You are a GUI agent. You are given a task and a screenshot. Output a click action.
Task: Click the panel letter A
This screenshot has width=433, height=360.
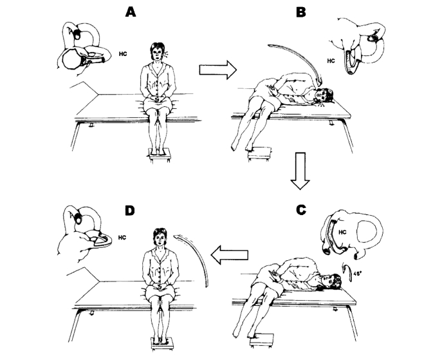[x=131, y=12]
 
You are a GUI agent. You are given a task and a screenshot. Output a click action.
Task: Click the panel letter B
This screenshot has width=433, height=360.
[x=300, y=12]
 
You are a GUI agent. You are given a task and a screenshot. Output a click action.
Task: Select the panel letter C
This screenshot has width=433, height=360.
[x=301, y=210]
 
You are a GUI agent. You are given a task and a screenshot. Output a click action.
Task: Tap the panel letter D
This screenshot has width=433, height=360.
[x=129, y=211]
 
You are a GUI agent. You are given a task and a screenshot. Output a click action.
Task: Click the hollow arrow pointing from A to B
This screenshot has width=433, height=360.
[x=218, y=70]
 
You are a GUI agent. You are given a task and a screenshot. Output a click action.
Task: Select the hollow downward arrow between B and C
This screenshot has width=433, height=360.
[x=300, y=171]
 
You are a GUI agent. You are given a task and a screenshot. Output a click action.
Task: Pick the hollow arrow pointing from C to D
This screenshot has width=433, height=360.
[x=229, y=254]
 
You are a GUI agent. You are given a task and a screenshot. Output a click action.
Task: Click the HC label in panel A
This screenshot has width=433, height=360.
[x=123, y=54]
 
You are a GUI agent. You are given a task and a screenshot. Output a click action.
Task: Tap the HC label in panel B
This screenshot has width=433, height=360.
[x=331, y=61]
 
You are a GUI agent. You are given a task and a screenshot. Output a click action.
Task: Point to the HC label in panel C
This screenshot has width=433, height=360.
[x=342, y=232]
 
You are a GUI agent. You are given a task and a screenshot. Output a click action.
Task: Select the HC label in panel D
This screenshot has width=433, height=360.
[x=122, y=238]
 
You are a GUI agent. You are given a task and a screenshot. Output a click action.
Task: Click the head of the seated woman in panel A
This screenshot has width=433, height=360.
[x=157, y=52]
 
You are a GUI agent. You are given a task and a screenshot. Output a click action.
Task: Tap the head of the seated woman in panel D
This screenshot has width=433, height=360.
[x=160, y=237]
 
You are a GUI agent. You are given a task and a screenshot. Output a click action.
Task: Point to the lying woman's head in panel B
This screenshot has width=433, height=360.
[x=324, y=95]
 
